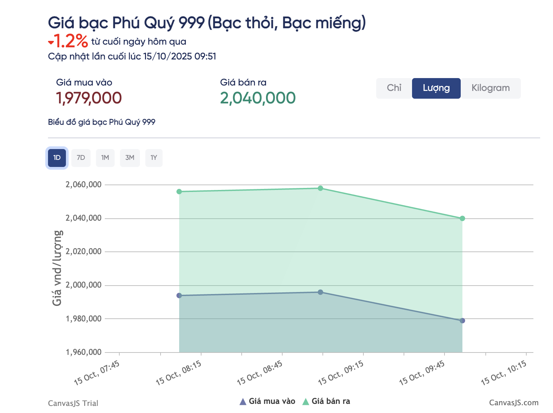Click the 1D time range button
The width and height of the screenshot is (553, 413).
57,158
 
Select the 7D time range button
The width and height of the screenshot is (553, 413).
81,158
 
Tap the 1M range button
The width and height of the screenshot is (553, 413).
105,158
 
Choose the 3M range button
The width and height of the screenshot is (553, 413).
130,158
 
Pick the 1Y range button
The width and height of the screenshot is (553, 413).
154,158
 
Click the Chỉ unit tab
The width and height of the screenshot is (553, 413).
394,88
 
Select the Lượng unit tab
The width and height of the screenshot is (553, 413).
436,88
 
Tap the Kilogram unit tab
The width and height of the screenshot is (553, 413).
490,88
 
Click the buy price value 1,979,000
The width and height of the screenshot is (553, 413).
89,98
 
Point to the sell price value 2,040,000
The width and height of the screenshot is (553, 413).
258,98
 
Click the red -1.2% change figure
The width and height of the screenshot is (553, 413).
69,41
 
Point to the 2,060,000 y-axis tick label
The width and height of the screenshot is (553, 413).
83,185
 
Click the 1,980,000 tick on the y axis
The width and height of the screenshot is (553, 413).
83,319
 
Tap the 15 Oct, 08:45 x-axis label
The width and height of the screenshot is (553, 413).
260,373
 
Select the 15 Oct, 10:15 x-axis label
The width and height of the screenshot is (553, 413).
504,373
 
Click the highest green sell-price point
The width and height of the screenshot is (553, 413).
320,188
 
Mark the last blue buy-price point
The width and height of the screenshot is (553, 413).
462,320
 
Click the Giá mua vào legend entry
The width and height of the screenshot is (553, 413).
267,402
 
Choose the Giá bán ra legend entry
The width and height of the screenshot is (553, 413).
326,402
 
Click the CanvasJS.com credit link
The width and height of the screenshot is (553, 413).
513,403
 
